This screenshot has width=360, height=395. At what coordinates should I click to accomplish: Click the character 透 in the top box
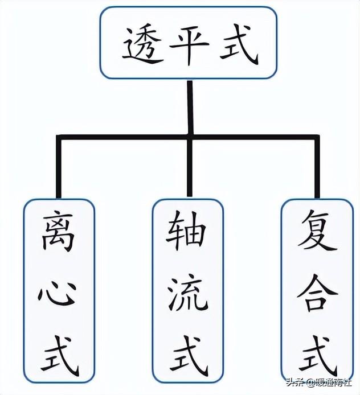[x=141, y=44]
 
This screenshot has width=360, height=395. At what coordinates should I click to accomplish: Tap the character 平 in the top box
[x=189, y=43]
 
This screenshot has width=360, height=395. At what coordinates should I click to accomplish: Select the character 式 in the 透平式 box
[x=238, y=44]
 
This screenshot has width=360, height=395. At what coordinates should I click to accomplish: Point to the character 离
[x=58, y=233]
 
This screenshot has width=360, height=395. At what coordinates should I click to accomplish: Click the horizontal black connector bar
[x=125, y=137]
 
